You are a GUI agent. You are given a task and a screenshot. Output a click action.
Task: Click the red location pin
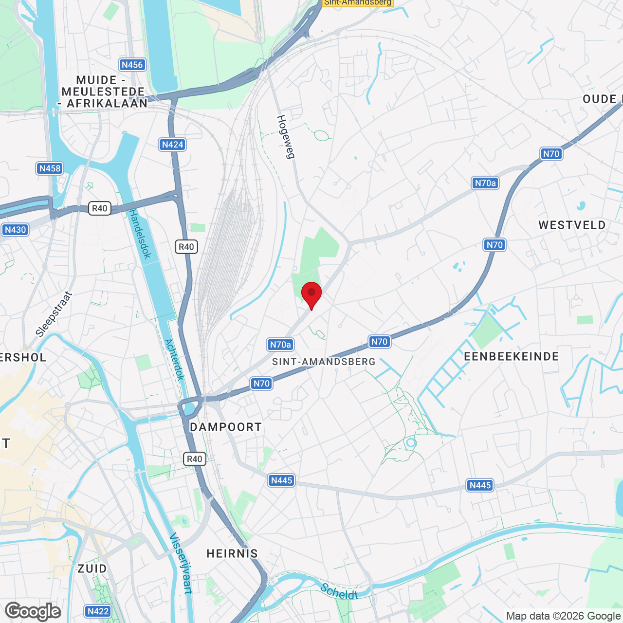click(311, 294)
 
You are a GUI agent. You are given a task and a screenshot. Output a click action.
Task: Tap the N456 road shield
click(132, 65)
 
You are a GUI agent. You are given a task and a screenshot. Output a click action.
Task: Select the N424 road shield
click(172, 145)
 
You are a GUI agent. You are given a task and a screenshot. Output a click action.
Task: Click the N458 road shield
click(50, 168)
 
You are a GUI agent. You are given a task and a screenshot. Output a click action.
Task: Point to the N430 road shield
click(15, 230)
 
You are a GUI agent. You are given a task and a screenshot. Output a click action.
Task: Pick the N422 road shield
click(98, 611)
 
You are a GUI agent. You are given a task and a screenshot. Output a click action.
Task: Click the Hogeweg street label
click(286, 137)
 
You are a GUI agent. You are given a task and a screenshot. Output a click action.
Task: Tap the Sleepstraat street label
click(54, 314)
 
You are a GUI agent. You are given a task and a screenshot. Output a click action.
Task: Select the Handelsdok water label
click(140, 234)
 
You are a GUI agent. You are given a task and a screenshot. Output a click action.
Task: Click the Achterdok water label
click(175, 359)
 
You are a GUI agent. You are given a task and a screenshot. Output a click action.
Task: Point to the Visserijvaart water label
click(181, 563)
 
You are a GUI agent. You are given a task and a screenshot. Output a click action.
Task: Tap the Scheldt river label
click(339, 591)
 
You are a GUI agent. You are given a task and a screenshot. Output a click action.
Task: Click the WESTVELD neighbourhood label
click(572, 225)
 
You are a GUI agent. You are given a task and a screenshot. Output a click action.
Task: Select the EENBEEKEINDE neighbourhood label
click(512, 356)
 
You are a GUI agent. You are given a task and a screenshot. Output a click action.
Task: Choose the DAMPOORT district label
click(226, 427)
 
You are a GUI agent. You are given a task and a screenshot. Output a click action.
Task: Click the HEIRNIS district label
click(232, 553)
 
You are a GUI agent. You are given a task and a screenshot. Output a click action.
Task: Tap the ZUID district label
click(92, 568)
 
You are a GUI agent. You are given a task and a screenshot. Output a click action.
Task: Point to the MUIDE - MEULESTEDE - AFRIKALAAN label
click(103, 92)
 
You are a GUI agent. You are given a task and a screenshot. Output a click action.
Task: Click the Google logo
click(33, 611)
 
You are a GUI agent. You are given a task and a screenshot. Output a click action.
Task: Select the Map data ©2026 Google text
click(563, 616)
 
